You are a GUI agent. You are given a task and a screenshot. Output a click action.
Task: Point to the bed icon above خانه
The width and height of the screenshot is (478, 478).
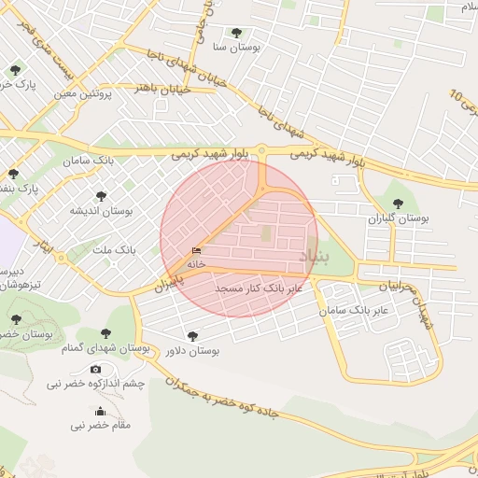pyautogui.click(x=195, y=251)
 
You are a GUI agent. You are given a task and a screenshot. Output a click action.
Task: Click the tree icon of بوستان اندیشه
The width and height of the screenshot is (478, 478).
pyautogui.click(x=102, y=197)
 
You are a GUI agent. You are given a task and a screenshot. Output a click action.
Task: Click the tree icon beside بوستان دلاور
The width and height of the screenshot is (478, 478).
pyautogui.click(x=192, y=336)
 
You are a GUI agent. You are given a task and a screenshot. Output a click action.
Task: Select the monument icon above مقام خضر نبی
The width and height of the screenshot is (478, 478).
pyautogui.click(x=100, y=412)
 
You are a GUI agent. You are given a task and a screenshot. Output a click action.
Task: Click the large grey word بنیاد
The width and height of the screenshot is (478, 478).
pyautogui.click(x=312, y=255)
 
